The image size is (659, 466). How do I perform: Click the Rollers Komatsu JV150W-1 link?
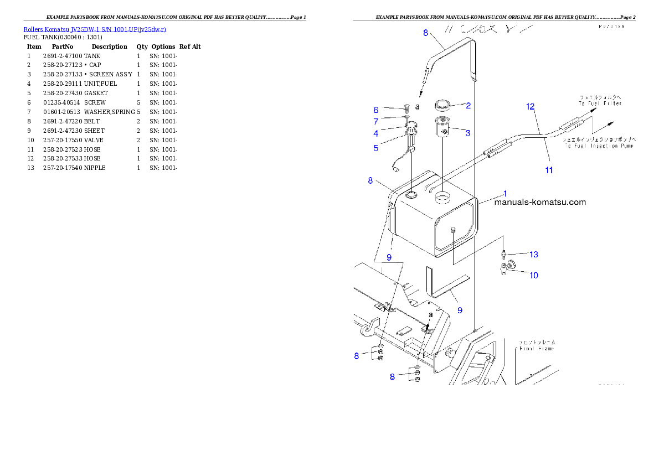point(95,29)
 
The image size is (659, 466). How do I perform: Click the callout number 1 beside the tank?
point(504,193)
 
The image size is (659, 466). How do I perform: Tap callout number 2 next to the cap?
point(468,105)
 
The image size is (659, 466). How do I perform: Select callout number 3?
point(467,133)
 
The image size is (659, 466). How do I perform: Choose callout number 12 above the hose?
point(530,106)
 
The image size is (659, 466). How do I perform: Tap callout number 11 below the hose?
point(549,170)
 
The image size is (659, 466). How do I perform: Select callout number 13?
point(533,255)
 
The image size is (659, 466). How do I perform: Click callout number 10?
point(533,275)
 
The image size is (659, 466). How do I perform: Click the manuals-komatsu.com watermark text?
point(539,202)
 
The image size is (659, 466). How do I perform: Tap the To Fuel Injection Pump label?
point(600,147)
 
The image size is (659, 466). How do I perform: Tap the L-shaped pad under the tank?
point(443,287)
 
